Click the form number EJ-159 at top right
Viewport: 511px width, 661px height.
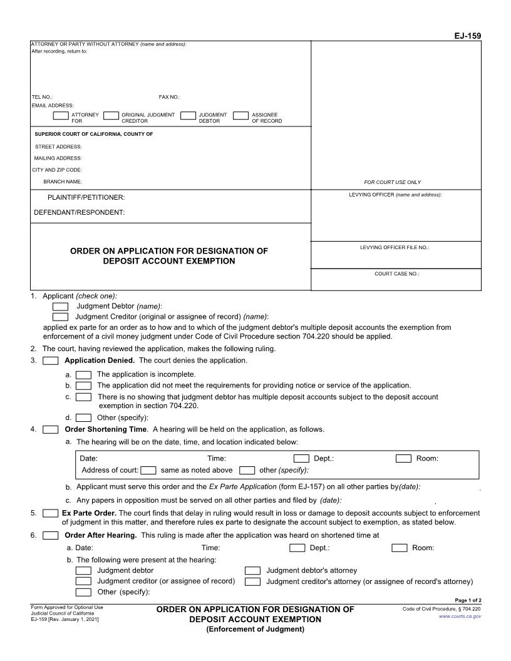click(x=467, y=36)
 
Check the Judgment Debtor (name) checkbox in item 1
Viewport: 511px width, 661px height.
click(x=61, y=306)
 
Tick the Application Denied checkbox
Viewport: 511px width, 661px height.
click(x=51, y=361)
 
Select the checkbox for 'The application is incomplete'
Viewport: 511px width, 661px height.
click(x=83, y=374)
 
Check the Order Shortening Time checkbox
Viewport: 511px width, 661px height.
click(x=51, y=429)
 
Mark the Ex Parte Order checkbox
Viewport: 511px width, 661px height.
click(x=51, y=513)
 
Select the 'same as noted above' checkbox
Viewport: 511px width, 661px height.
click(x=148, y=470)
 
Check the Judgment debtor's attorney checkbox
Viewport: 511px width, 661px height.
click(x=252, y=570)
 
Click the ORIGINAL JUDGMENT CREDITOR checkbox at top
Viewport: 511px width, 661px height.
click(x=111, y=115)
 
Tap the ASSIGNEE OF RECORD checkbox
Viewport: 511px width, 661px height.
click(x=240, y=115)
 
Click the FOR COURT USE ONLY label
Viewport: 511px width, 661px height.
click(x=393, y=182)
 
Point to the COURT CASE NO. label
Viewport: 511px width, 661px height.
click(x=396, y=274)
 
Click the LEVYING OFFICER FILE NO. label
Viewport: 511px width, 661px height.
click(x=395, y=247)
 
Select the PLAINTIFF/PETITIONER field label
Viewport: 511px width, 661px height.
click(x=86, y=197)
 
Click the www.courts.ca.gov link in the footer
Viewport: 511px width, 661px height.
click(x=460, y=617)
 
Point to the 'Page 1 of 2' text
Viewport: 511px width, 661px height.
click(x=468, y=600)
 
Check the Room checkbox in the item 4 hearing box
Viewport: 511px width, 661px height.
click(x=403, y=458)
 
